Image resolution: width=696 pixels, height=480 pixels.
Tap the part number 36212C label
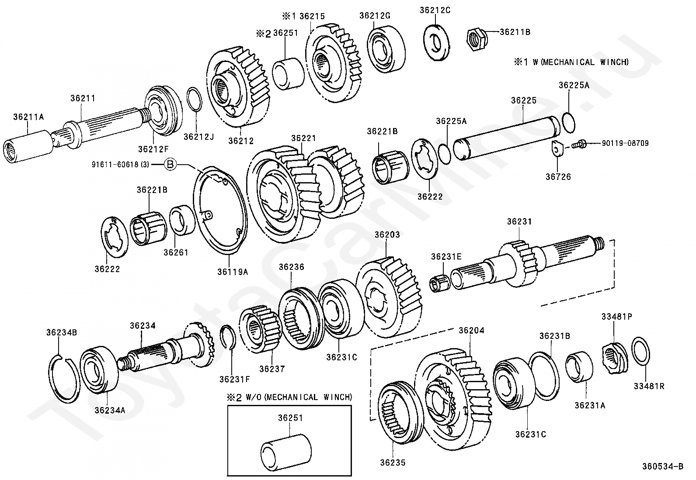[435, 10]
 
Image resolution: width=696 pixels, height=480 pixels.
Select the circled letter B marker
[170, 164]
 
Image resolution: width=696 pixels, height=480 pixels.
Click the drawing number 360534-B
[663, 466]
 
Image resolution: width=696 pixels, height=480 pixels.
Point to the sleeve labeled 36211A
[28, 146]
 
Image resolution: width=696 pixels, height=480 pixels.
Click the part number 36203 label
[387, 235]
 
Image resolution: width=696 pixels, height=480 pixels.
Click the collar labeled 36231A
[579, 366]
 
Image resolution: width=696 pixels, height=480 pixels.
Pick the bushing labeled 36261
[182, 220]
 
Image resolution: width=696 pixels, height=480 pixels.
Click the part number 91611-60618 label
[120, 164]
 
